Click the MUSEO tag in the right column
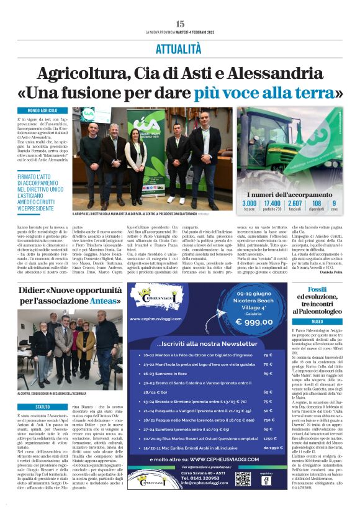317,322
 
